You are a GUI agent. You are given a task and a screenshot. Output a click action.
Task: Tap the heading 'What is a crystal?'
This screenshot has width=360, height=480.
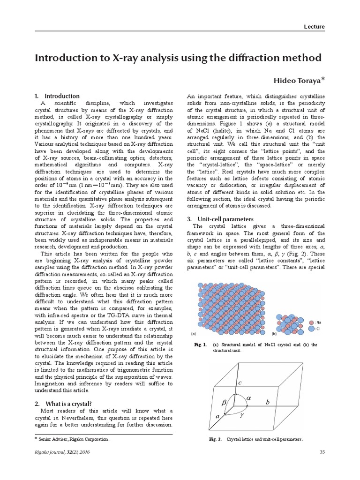[68, 404]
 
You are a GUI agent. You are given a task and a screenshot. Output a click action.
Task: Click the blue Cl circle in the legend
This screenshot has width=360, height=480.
[312, 330]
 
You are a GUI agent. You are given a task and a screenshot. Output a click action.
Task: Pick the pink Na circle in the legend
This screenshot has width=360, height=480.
[312, 322]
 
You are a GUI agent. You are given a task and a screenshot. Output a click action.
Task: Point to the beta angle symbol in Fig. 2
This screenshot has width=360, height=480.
[224, 403]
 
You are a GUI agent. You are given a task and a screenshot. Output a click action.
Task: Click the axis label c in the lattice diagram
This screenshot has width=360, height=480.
[240, 383]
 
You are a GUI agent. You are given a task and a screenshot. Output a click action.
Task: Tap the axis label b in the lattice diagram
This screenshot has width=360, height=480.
[268, 402]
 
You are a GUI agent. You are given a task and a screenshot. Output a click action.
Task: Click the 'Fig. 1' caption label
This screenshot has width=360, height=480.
[201, 345]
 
